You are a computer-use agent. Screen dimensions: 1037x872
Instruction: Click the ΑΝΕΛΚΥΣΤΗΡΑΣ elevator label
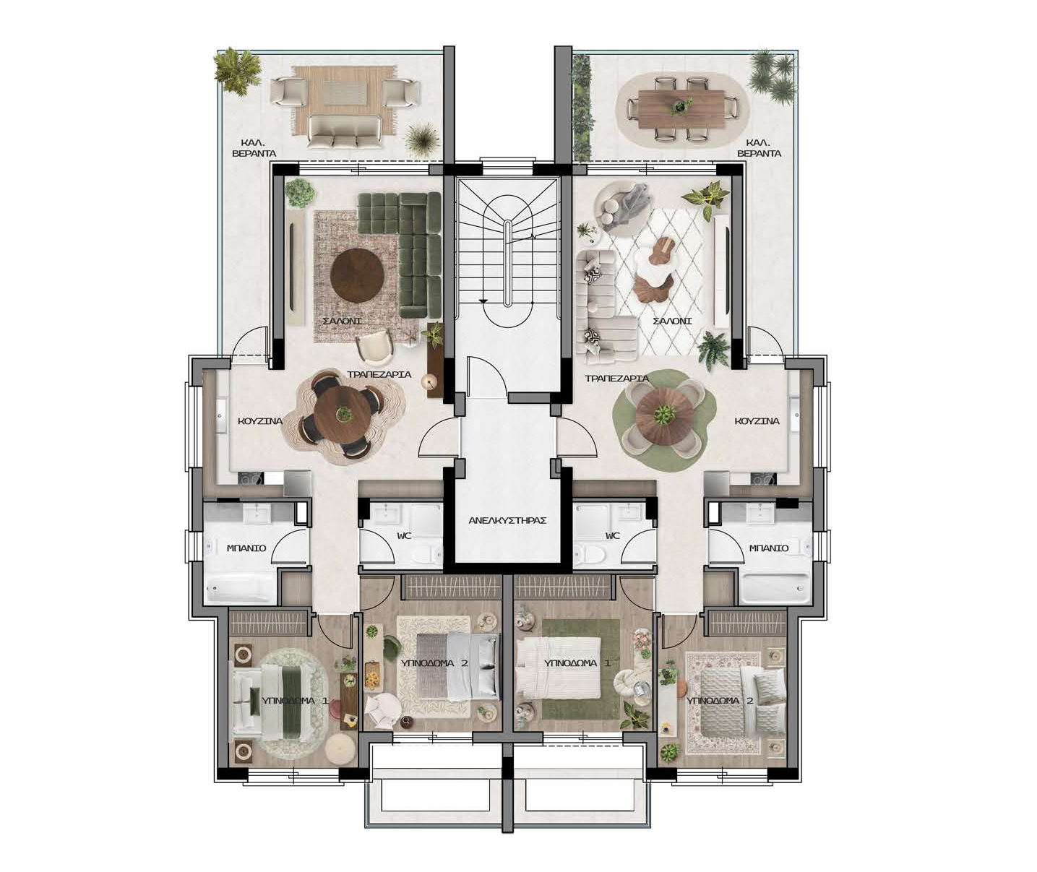507,521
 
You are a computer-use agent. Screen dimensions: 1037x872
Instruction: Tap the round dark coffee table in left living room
357,275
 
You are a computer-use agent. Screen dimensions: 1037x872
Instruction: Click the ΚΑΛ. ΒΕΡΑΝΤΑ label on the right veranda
759,149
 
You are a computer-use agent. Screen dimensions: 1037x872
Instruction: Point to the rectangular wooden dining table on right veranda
681,109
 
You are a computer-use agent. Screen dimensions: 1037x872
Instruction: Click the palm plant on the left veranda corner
238,70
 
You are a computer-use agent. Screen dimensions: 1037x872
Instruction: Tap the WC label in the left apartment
404,536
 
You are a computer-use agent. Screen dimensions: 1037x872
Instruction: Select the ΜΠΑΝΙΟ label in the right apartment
768,548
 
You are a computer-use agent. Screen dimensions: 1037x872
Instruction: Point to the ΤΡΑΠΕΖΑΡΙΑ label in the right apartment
616,379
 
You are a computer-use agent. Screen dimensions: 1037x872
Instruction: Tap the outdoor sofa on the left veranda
345,131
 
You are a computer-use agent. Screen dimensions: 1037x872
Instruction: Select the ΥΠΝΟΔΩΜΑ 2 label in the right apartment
720,701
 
